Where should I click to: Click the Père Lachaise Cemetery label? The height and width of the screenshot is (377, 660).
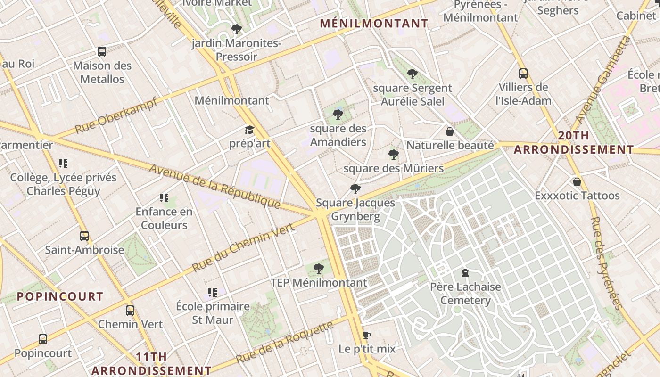[x=466, y=294]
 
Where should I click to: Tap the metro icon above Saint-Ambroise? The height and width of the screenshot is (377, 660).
[x=84, y=236]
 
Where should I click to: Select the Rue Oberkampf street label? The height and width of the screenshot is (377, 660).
[x=116, y=115]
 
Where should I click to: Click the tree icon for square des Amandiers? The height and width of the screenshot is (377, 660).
[x=338, y=115]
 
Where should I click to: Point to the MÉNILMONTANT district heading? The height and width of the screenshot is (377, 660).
[x=374, y=23]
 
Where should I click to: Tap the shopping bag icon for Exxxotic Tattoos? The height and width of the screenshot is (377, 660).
[x=577, y=182]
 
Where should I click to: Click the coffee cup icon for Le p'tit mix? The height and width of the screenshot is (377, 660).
[x=367, y=336]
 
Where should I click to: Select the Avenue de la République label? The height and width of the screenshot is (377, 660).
[x=215, y=186]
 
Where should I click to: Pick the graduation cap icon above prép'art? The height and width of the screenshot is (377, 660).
[x=249, y=130]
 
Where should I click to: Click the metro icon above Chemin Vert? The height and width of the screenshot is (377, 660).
[x=130, y=311]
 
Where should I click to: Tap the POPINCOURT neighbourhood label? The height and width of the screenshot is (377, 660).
[x=60, y=296]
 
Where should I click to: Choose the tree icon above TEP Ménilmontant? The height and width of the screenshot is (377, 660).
[x=319, y=269]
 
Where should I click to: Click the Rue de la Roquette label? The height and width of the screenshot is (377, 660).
[x=285, y=342]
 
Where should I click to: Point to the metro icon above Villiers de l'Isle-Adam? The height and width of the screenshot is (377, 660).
[x=523, y=74]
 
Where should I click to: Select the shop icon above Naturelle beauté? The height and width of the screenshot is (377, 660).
[x=450, y=131]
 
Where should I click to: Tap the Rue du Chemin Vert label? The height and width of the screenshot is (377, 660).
[x=243, y=247]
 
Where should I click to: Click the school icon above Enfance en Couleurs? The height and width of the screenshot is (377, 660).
[x=164, y=198]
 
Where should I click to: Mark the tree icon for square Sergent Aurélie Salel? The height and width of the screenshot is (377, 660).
[x=412, y=74]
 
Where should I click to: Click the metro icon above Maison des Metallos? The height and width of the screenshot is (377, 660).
[x=102, y=52]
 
